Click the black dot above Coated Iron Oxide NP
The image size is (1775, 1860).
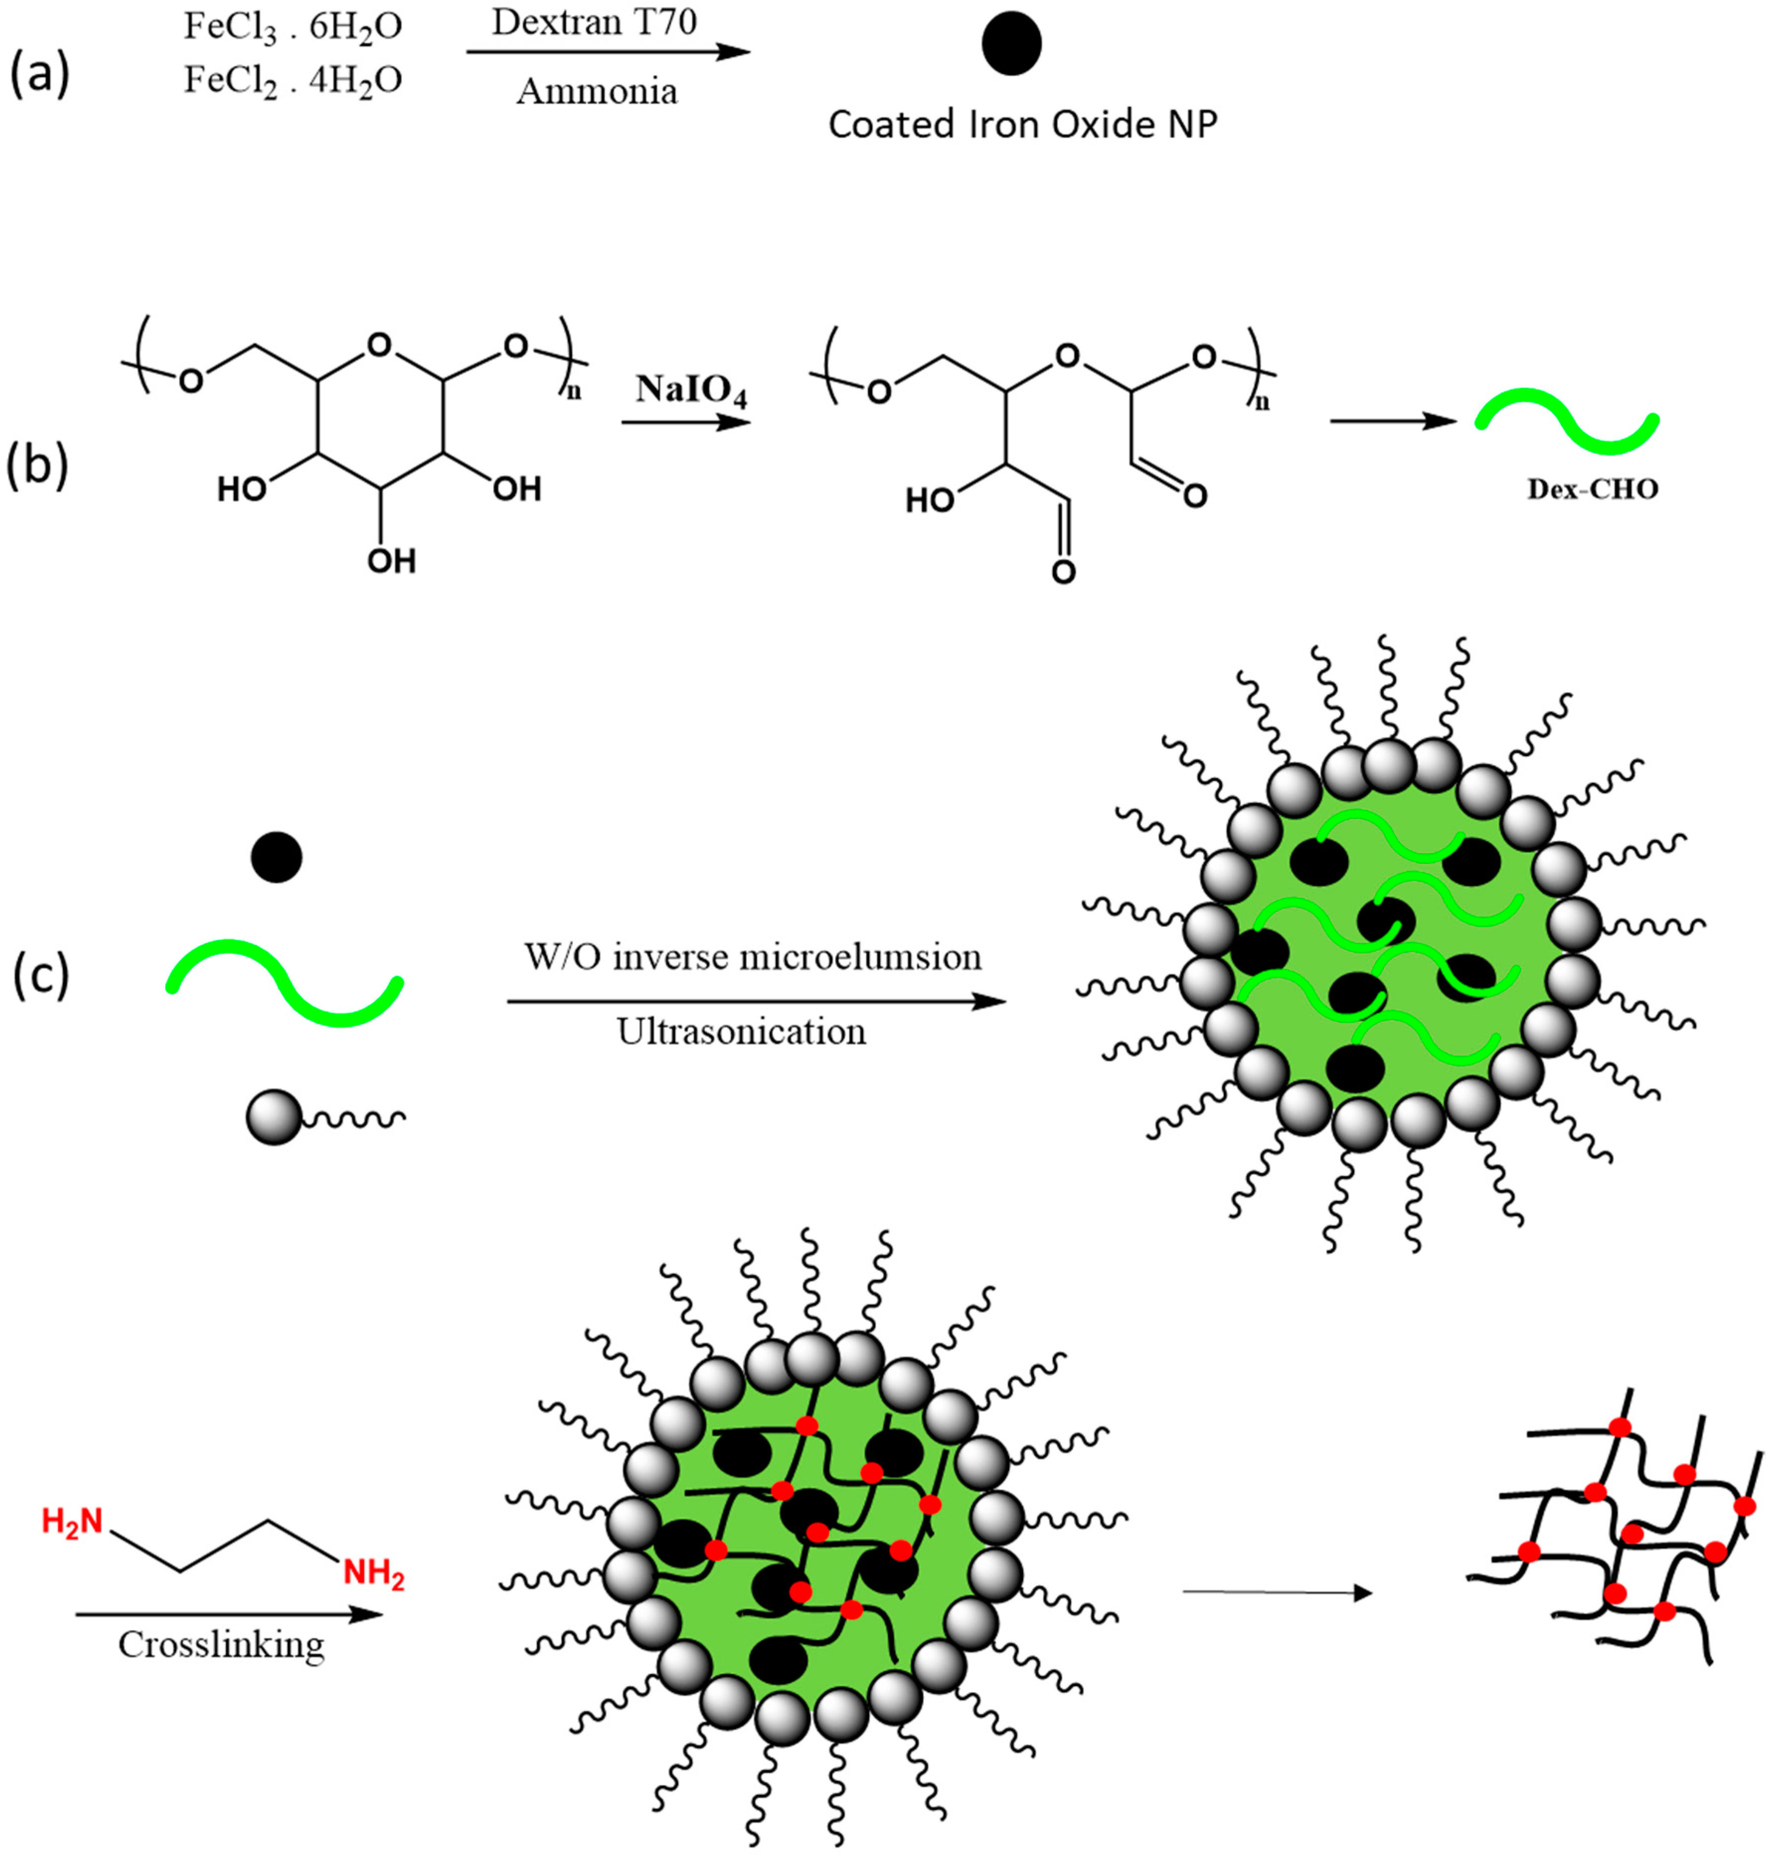coord(1011,45)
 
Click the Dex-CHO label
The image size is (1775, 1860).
coord(1593,489)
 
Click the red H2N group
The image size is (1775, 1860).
coord(72,1521)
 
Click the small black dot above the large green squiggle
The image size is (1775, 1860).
coord(276,857)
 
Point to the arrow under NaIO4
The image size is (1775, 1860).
coord(685,422)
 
